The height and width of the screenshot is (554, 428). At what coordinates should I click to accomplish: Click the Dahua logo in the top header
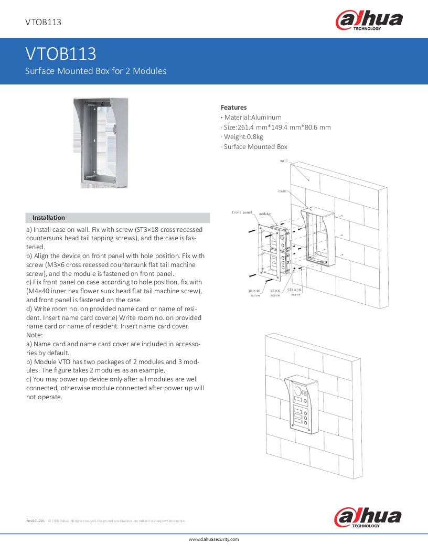pyautogui.click(x=369, y=21)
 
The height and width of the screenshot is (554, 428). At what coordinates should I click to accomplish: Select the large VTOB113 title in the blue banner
pyautogui.click(x=61, y=54)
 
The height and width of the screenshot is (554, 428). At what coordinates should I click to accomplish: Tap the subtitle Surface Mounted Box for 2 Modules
pyautogui.click(x=96, y=71)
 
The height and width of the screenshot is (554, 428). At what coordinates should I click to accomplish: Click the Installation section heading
pyautogui.click(x=49, y=218)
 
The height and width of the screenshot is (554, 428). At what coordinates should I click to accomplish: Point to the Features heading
pyautogui.click(x=233, y=108)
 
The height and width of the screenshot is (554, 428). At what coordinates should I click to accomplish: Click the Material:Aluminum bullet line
pyautogui.click(x=251, y=118)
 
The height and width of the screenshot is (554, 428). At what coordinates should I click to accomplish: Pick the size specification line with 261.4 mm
pyautogui.click(x=276, y=127)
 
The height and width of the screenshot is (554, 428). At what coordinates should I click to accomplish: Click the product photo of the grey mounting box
pyautogui.click(x=100, y=142)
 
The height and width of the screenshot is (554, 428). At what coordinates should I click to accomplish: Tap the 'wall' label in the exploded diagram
pyautogui.click(x=284, y=161)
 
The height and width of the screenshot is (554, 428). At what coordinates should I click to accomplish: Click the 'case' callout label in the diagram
pyautogui.click(x=282, y=191)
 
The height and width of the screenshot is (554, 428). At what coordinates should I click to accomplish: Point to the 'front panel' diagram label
pyautogui.click(x=242, y=212)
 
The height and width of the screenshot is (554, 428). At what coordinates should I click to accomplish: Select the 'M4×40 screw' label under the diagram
pyautogui.click(x=254, y=293)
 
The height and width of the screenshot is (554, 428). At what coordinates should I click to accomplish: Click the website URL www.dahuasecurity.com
pyautogui.click(x=213, y=539)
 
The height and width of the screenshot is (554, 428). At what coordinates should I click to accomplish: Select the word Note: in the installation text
pyautogui.click(x=35, y=335)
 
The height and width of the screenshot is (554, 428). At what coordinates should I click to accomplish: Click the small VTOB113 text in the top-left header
pyautogui.click(x=44, y=22)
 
